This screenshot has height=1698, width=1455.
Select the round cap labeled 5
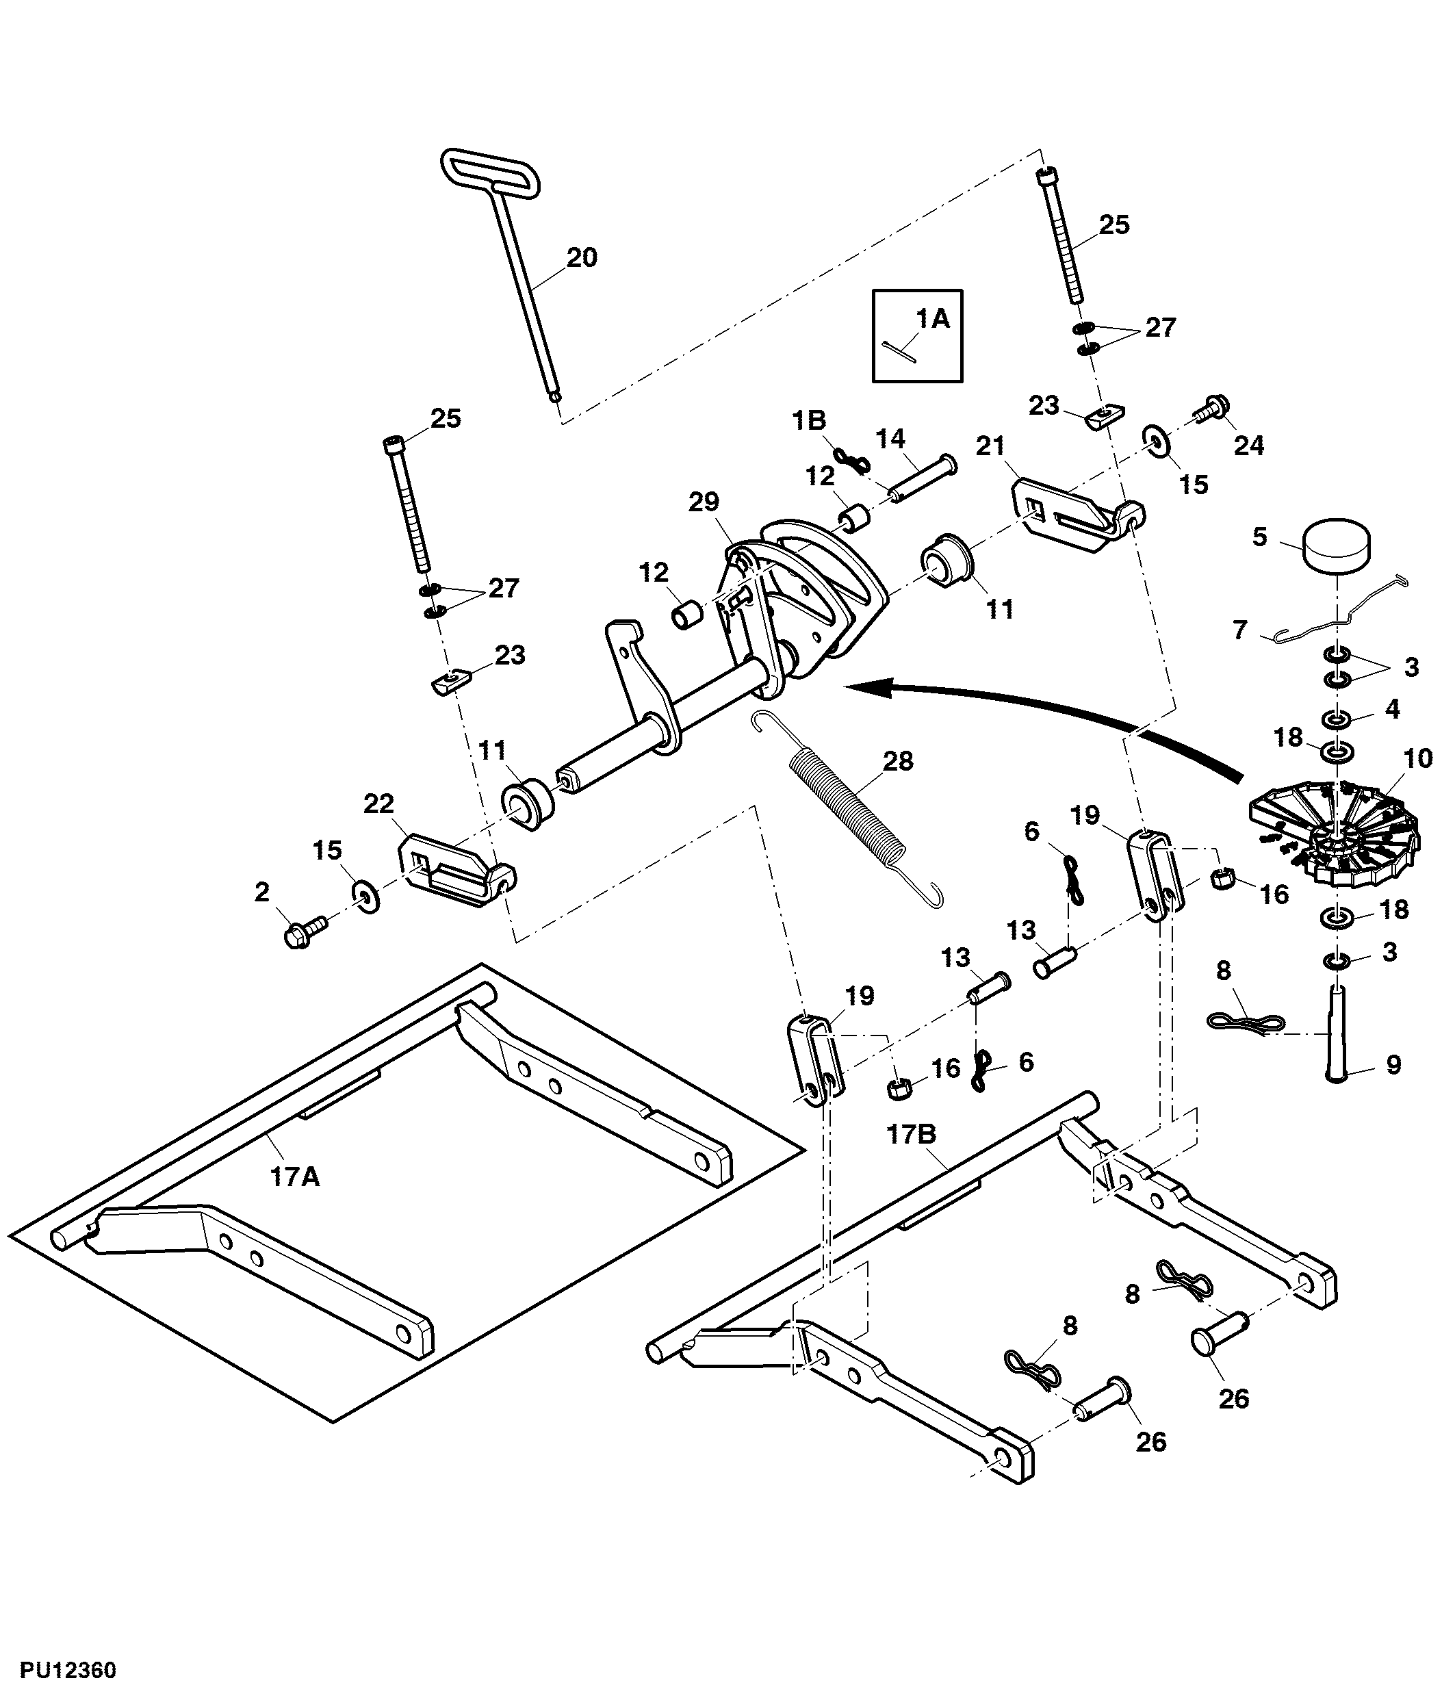[1336, 544]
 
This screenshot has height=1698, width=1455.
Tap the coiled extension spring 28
[848, 807]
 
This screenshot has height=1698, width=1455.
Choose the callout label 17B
[911, 1135]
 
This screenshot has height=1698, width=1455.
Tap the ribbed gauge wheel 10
[1335, 836]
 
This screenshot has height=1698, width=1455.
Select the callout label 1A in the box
[932, 318]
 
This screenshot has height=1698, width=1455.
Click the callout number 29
[704, 502]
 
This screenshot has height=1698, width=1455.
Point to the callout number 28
[898, 760]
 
